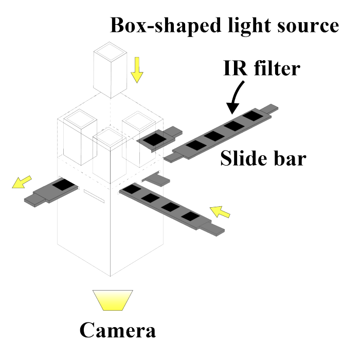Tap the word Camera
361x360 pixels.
(x=117, y=329)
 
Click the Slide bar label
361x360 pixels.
(x=263, y=159)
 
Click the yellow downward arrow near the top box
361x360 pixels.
(x=137, y=70)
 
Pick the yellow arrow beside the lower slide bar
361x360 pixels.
(x=221, y=210)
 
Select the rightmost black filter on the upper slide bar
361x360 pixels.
(x=252, y=116)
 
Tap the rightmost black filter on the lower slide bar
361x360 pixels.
(x=190, y=217)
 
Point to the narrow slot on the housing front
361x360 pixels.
(x=94, y=196)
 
